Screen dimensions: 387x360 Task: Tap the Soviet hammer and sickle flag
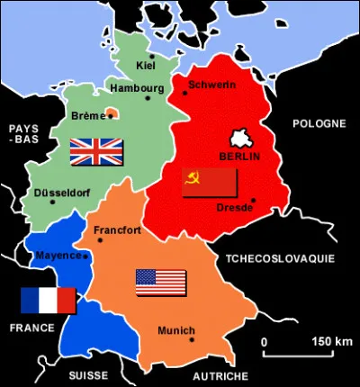[210, 183]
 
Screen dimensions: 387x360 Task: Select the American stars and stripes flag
[161, 283]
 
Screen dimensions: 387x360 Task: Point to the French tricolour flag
[49, 301]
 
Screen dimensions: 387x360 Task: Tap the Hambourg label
[137, 88]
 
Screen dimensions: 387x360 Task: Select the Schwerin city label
[212, 85]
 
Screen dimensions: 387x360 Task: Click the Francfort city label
[118, 230]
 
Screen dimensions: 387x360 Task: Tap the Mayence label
[58, 256]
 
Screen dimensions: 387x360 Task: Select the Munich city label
[175, 330]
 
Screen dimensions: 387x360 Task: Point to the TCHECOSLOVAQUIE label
[280, 258]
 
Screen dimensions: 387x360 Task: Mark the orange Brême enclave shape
[112, 113]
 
